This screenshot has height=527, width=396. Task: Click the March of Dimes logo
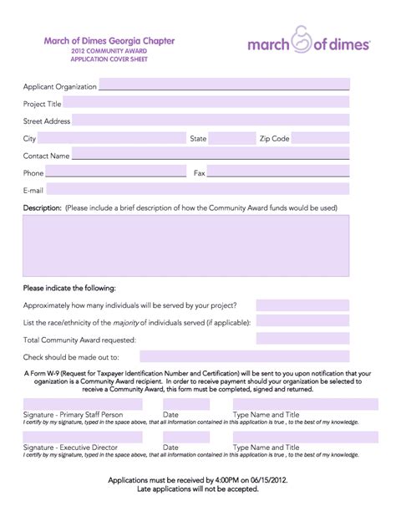(308, 43)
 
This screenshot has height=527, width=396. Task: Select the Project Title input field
(206, 103)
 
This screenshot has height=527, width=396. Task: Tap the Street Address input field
(211, 120)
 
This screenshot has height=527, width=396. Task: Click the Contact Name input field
(211, 156)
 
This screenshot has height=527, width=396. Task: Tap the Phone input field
(116, 172)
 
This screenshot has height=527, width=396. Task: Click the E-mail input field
(197, 190)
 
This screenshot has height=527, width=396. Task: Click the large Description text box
(186, 245)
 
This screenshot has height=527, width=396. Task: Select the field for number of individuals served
(302, 304)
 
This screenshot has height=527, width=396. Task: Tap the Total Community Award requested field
(302, 339)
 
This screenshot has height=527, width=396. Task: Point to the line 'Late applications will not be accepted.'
(198, 489)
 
